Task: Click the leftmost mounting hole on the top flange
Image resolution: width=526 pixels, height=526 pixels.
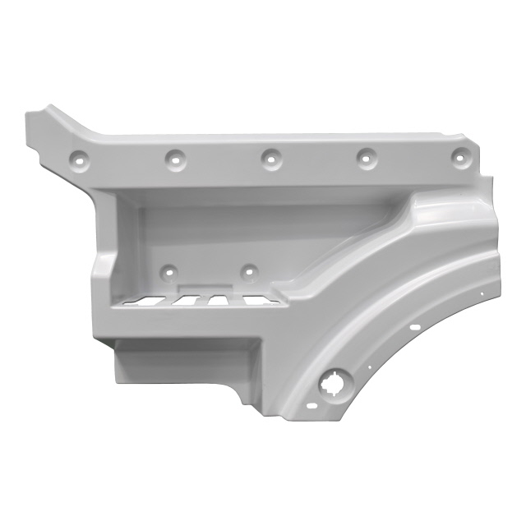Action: point(81,158)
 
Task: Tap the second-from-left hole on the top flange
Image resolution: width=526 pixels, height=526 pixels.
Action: point(174,156)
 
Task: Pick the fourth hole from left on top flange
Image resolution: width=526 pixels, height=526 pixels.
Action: point(363,155)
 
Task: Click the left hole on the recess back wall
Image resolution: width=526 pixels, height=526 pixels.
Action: point(168,270)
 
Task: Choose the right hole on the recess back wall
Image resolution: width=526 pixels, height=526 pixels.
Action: point(248,270)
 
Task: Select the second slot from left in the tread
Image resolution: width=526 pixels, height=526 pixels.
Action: point(182,301)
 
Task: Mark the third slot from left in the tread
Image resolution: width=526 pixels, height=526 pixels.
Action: point(218,301)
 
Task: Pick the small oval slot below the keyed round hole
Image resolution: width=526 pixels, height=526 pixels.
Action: point(311,404)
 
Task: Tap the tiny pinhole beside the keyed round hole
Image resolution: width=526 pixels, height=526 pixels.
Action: point(370,367)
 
